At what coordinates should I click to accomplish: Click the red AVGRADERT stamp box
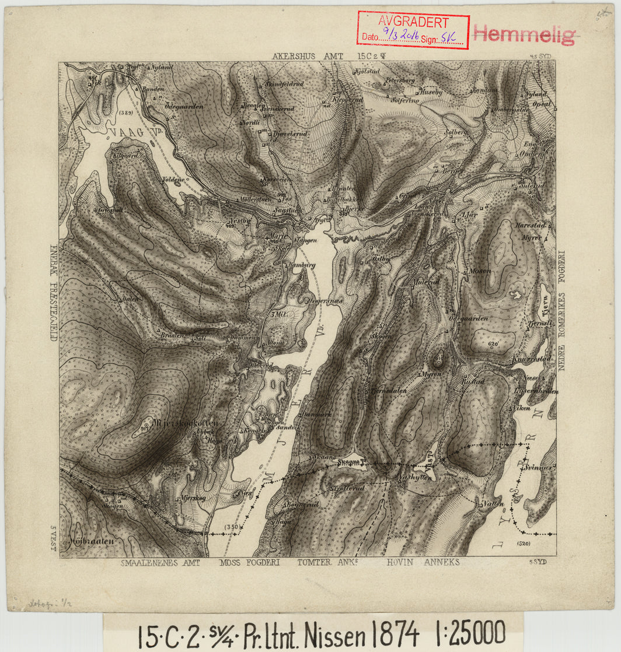point(413,30)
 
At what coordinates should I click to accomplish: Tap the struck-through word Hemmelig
point(524,35)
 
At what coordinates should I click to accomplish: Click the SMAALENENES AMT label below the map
point(161,563)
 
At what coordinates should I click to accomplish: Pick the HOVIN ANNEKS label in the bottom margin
point(423,563)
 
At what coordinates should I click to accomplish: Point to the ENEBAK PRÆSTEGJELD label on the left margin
point(53,292)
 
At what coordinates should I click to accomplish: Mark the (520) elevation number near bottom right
point(523,544)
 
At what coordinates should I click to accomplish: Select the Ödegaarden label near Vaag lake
point(184,106)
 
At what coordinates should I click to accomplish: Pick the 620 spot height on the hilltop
point(492,344)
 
